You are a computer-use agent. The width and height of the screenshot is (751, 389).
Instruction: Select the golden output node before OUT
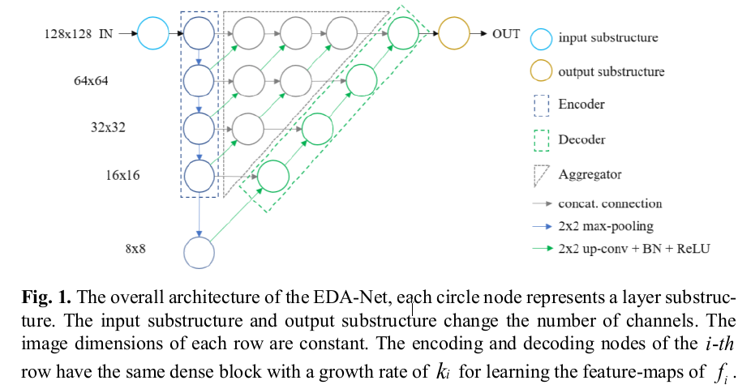point(454,34)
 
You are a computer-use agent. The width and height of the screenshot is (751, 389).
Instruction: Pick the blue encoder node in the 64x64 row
point(199,79)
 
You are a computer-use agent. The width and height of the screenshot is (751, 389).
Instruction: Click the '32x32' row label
point(108,127)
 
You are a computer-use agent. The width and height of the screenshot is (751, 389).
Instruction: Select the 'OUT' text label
point(506,34)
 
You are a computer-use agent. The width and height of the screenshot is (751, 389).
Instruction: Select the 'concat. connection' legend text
point(610,203)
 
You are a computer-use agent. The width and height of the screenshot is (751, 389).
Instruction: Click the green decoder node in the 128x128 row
point(402,34)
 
